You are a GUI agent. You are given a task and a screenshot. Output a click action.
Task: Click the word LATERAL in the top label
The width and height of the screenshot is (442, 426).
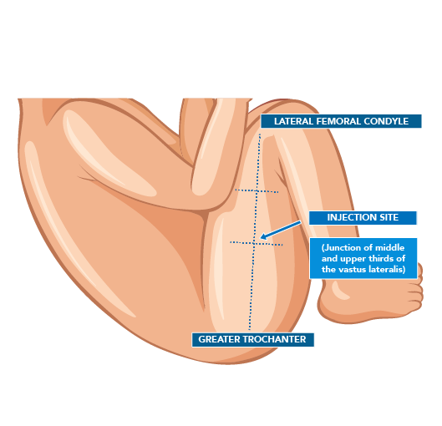[x=294, y=121]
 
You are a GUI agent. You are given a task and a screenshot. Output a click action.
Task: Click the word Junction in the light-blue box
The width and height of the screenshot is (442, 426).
[x=342, y=247]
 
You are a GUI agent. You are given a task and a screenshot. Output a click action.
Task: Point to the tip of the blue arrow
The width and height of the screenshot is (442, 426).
[x=260, y=238]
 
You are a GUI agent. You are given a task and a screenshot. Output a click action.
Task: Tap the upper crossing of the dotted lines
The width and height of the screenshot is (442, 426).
[x=257, y=191]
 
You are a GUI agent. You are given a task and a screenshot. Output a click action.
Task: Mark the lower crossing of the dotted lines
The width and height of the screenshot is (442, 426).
[x=254, y=243]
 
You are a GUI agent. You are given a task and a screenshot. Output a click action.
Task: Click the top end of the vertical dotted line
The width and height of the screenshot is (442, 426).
[x=260, y=134]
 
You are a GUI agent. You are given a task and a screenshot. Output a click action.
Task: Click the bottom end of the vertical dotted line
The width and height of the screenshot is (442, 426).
[x=250, y=329]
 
